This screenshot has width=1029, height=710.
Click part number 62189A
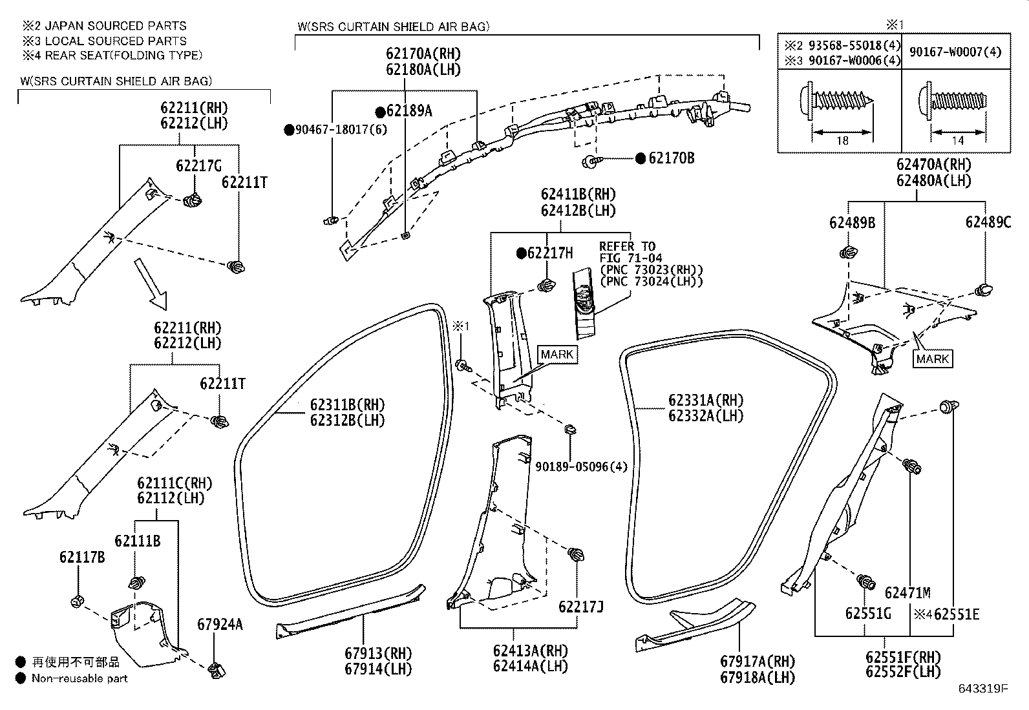(x=409, y=111)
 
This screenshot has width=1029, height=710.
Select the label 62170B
(x=671, y=158)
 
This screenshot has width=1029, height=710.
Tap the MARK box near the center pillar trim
(x=557, y=355)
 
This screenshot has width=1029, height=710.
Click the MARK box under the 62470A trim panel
(x=933, y=359)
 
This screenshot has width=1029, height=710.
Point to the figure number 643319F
(x=983, y=689)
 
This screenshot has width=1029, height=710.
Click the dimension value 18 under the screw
(x=842, y=141)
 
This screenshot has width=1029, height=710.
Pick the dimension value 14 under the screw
(x=957, y=141)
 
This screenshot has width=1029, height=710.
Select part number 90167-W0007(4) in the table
(x=955, y=52)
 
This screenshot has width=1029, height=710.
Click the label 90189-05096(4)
(x=581, y=467)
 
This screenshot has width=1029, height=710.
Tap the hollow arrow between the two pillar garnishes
(x=150, y=284)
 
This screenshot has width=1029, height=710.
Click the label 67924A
(x=220, y=625)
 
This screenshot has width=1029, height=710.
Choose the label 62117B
(x=82, y=558)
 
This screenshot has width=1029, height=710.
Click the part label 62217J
(x=581, y=607)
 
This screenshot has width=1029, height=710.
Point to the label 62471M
(x=907, y=593)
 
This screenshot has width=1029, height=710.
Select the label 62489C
(x=988, y=223)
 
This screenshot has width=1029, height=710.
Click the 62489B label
(x=852, y=223)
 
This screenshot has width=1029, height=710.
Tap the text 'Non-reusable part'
(x=80, y=679)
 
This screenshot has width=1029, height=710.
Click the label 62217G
(x=198, y=166)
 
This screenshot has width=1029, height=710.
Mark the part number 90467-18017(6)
(x=341, y=130)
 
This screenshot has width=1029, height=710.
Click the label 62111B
(x=138, y=541)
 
